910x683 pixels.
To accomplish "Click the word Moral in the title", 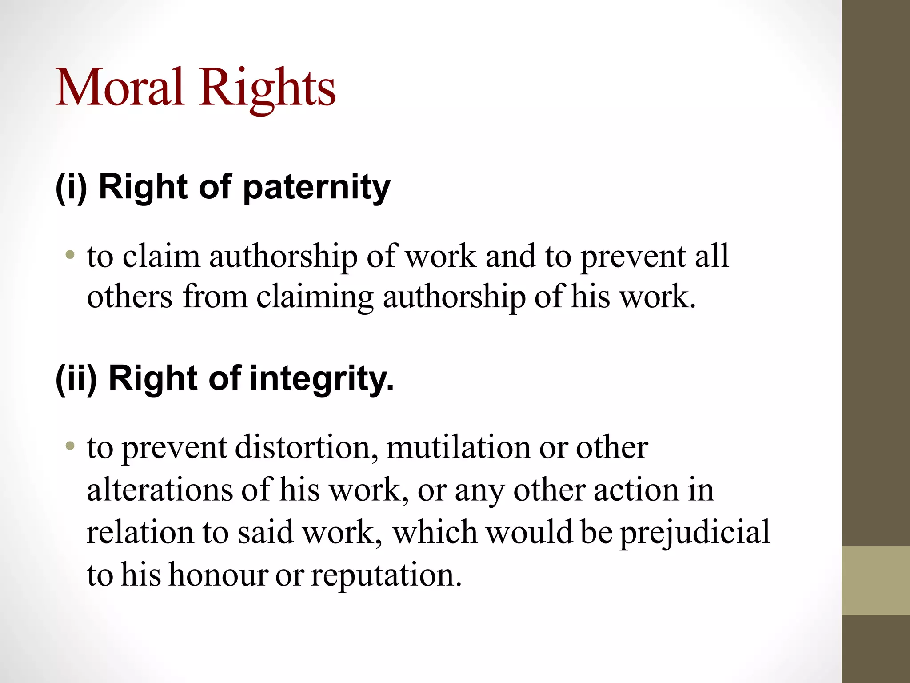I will [x=119, y=87].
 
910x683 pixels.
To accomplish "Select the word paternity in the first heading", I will [x=316, y=188].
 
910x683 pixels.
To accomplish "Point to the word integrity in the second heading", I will [x=322, y=379].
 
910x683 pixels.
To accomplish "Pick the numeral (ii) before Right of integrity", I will [x=76, y=378].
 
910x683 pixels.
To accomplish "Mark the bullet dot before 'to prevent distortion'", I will [x=69, y=446].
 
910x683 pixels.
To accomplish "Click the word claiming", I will [x=315, y=297].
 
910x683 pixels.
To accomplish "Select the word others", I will [x=129, y=297].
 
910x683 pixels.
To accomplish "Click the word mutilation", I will [x=458, y=447].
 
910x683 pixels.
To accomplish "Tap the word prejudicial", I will [x=695, y=533].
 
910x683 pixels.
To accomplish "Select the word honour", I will [x=218, y=575].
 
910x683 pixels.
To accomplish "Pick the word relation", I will [x=140, y=532].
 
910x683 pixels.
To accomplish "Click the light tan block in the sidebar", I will [x=876, y=580].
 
